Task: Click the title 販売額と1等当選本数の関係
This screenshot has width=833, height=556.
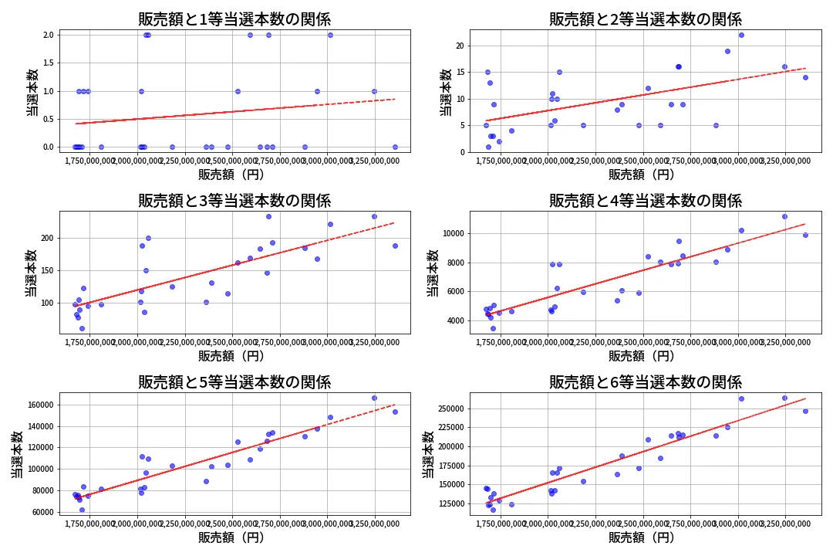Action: point(234,19)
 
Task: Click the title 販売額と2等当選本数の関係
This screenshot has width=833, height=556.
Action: point(645,19)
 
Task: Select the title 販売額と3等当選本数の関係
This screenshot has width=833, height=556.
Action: point(234,201)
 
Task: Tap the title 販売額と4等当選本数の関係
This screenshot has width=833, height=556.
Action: point(645,201)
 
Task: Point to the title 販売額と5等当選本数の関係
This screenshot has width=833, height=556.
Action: point(234,382)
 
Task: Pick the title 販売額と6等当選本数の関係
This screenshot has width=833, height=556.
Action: point(645,382)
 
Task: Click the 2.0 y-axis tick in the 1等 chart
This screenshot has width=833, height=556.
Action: point(48,35)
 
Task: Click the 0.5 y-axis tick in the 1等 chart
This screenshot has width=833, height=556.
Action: point(48,119)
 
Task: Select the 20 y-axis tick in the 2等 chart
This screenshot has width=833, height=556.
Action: point(461,46)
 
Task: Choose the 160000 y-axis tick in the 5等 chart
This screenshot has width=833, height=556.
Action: point(40,405)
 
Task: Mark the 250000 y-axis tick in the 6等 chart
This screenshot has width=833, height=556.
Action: point(450,409)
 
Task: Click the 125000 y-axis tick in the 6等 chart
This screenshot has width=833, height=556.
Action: point(450,503)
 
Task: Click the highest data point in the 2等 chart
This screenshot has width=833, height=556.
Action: point(741,35)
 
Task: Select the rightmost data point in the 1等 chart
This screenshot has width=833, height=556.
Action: point(395,147)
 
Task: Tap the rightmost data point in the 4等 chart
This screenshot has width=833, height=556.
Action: point(805,235)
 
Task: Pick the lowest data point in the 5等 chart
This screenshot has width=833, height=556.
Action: point(82,510)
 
